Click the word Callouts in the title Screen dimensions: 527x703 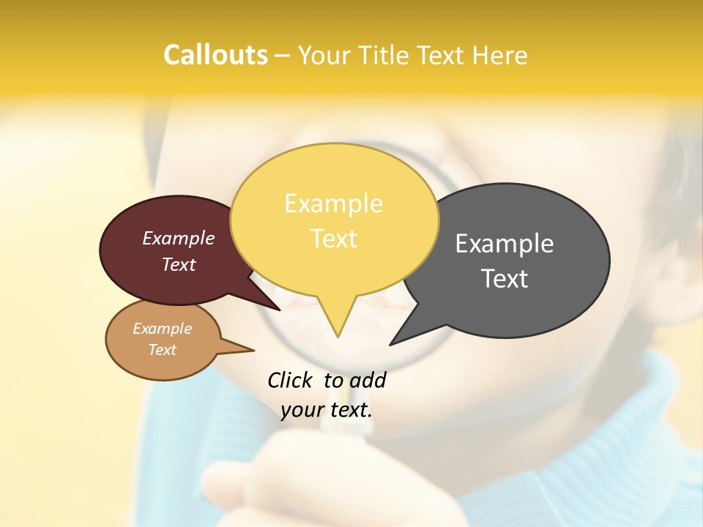click(x=215, y=55)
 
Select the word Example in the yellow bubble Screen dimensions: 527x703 click(x=333, y=203)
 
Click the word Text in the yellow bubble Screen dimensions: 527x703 click(x=333, y=239)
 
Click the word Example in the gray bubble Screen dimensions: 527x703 click(x=505, y=244)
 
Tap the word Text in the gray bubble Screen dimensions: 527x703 click(x=505, y=279)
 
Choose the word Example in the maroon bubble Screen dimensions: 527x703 click(x=179, y=238)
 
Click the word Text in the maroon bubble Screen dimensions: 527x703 click(x=179, y=265)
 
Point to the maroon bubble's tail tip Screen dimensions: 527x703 click(x=280, y=310)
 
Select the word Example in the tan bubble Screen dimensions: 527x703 click(x=163, y=329)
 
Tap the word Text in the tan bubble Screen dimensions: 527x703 click(x=163, y=350)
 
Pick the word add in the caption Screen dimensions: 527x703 click(x=367, y=380)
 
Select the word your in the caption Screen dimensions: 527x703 click(x=302, y=410)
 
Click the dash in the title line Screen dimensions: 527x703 click(x=283, y=56)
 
